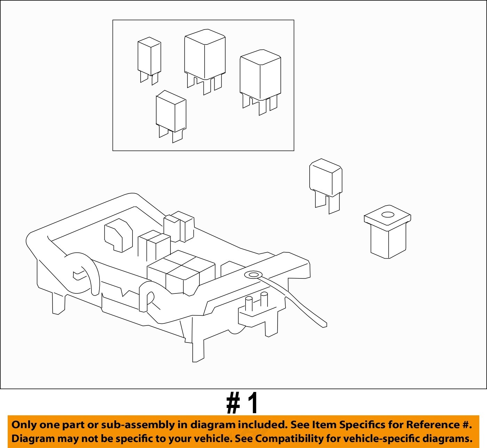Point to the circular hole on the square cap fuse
388,214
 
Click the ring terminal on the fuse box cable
254,275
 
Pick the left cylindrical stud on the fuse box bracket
249,304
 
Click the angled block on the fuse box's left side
118,235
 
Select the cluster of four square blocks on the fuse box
181,272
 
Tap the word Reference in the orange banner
433,425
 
